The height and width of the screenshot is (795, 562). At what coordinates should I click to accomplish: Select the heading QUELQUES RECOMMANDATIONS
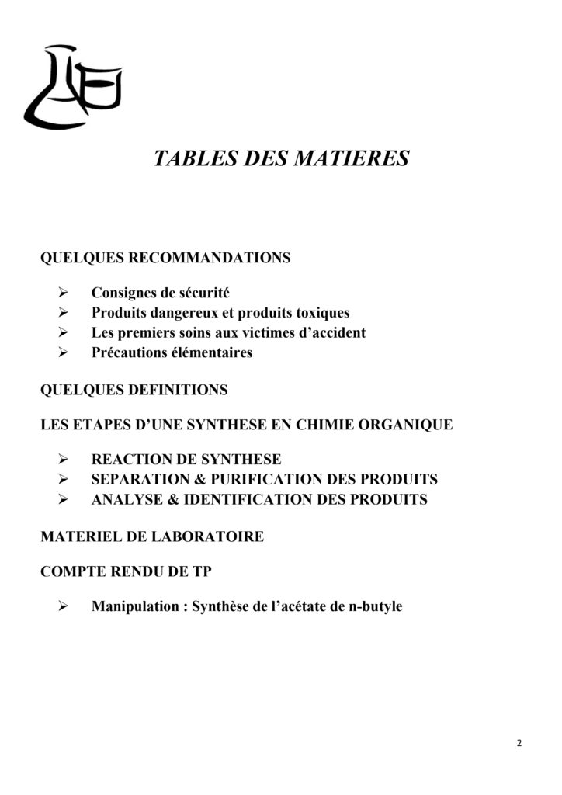(165, 258)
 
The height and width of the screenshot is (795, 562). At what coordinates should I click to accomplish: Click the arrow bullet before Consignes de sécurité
(65, 293)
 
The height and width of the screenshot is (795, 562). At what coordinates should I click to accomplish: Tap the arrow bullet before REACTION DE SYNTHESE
(65, 460)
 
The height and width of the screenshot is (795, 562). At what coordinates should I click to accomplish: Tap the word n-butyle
(375, 607)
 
